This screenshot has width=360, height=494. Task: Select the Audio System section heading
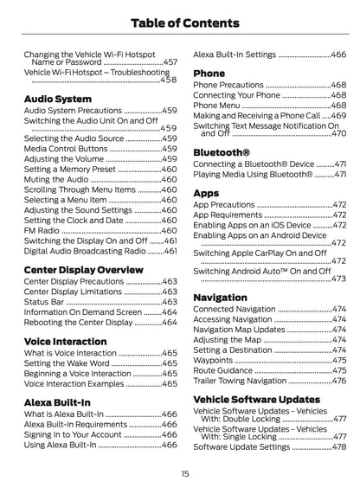pos(57,99)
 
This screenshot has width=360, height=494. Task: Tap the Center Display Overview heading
pos(83,269)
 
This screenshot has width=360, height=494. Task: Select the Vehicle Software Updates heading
pos(256,399)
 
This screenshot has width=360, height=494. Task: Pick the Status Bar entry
pos(44,300)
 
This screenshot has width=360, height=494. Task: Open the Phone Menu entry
pos(217,105)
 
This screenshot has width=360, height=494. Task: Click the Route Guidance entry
pos(224,369)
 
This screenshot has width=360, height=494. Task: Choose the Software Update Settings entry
pos(241,446)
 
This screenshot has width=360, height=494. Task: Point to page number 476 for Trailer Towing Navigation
pos(338,381)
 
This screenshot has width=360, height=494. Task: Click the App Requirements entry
pos(227,215)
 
